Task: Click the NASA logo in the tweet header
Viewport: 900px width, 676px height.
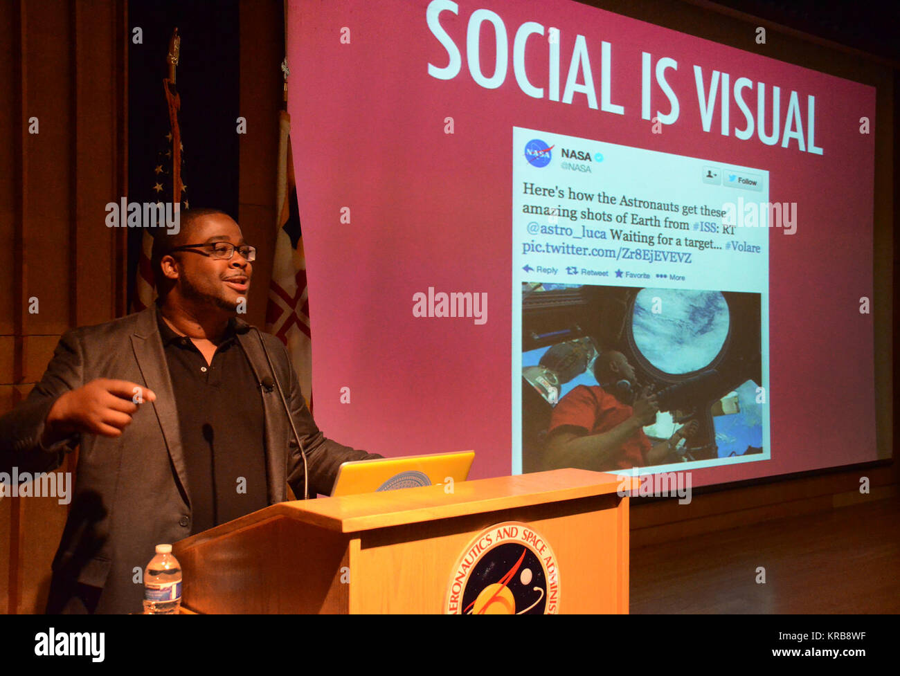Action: (x=538, y=153)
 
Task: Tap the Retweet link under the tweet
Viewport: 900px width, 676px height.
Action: (x=587, y=272)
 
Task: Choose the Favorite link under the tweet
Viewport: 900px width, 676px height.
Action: (x=632, y=275)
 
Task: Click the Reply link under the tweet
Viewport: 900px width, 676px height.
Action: (x=540, y=270)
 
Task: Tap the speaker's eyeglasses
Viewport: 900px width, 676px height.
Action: (x=217, y=250)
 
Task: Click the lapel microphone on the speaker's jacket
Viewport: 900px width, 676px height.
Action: (x=267, y=382)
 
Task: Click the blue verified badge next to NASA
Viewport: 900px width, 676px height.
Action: (x=599, y=157)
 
